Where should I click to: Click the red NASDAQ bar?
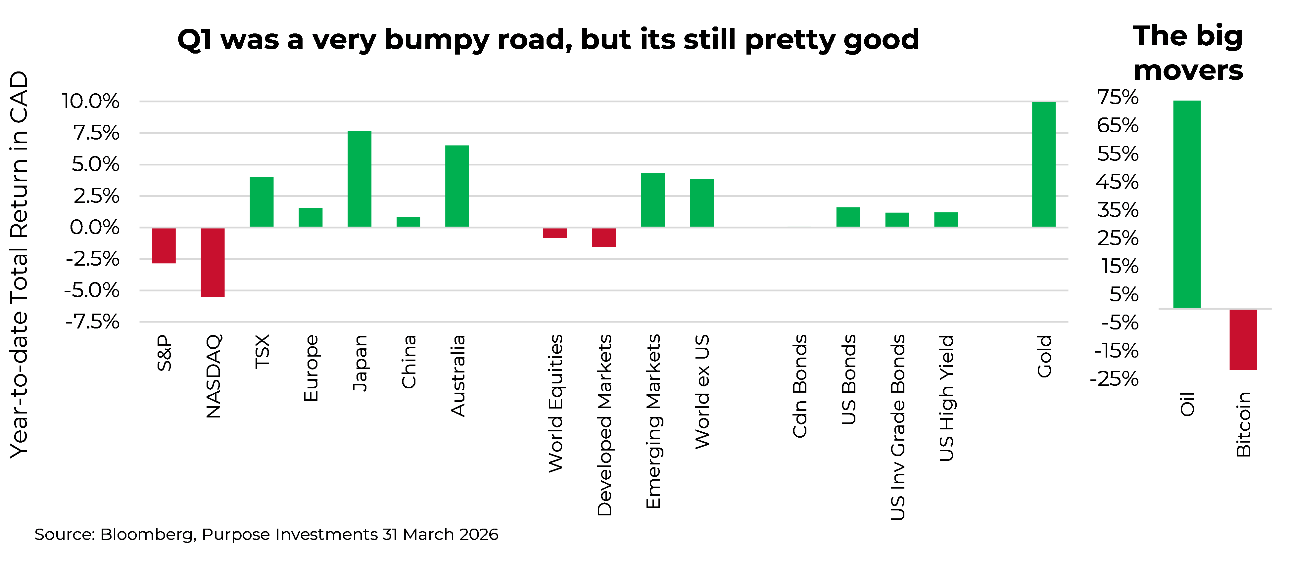click(x=213, y=262)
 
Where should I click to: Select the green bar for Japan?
click(x=359, y=179)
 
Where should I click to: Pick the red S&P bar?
click(x=164, y=245)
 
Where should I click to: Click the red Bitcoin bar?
click(x=1243, y=340)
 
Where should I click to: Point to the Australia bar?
click(x=457, y=186)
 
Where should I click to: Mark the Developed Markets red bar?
click(x=604, y=238)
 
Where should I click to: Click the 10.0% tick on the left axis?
click(x=91, y=101)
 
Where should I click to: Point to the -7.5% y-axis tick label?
click(x=93, y=322)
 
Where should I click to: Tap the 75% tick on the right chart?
click(x=1118, y=97)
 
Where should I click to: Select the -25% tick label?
click(x=1114, y=379)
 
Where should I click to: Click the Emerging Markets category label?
click(x=653, y=421)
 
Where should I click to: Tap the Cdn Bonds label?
click(x=799, y=386)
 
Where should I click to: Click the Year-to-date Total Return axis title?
click(x=19, y=264)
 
